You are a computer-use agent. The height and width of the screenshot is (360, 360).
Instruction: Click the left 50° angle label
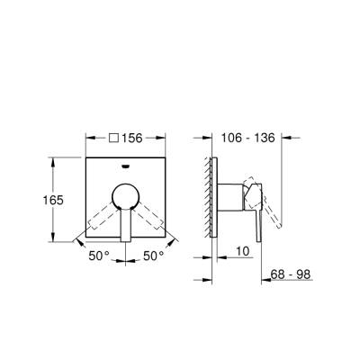click(x=99, y=256)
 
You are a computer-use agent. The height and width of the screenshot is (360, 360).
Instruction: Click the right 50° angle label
click(x=154, y=256)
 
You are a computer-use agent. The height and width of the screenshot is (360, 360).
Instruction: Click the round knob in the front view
click(x=125, y=199)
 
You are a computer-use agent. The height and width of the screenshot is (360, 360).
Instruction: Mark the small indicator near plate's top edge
click(x=125, y=165)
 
